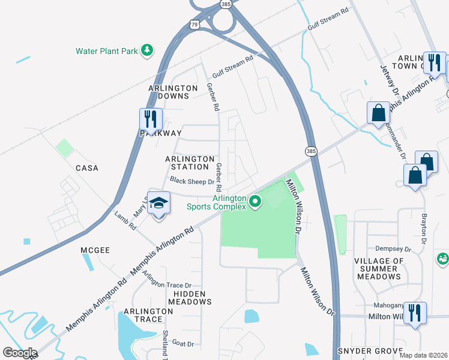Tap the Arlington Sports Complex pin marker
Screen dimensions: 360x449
pos(255,201)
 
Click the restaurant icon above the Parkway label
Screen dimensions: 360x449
pos(149,119)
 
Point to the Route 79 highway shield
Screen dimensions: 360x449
pos(193,25)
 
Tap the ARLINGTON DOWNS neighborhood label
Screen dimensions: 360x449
pos(173,92)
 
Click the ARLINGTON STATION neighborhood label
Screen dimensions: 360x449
pos(190,163)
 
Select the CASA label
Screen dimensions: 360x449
pos(86,168)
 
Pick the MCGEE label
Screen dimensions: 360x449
pos(95,250)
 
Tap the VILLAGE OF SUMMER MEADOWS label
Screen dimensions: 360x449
pos(387,269)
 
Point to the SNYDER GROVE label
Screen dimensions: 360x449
pos(370,350)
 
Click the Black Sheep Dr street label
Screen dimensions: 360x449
pos(192,181)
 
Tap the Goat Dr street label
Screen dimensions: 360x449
pos(182,344)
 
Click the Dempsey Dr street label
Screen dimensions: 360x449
pos(393,248)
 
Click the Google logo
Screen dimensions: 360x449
pos(19,352)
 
